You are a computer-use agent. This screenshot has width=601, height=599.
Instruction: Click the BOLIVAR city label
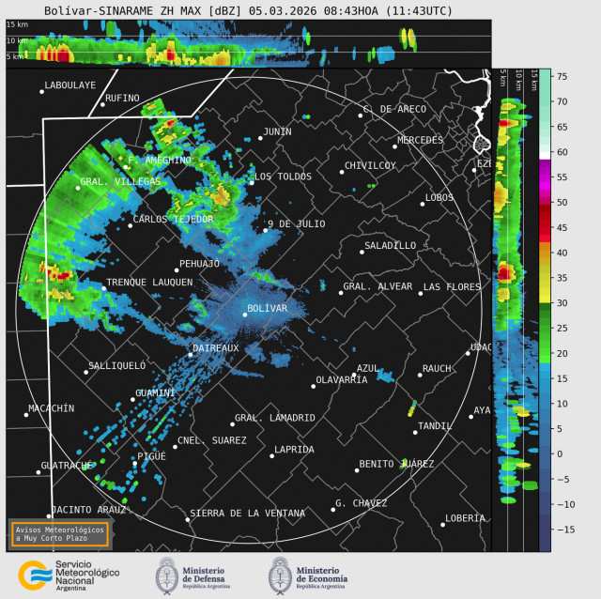click(x=267, y=308)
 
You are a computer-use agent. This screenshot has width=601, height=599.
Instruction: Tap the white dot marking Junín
click(x=260, y=138)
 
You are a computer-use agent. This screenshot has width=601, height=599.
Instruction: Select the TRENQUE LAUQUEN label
click(x=149, y=282)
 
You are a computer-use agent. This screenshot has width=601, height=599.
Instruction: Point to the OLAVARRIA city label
click(x=342, y=379)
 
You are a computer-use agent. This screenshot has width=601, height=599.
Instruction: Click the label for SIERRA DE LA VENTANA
click(x=247, y=513)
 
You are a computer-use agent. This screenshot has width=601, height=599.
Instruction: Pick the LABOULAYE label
click(x=69, y=84)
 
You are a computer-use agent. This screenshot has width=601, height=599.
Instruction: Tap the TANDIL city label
click(x=435, y=425)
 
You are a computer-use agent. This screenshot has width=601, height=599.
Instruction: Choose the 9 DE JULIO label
click(x=296, y=223)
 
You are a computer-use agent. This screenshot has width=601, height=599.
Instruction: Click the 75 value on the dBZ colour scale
click(x=560, y=76)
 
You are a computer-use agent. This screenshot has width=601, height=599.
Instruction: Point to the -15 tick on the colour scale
click(x=560, y=530)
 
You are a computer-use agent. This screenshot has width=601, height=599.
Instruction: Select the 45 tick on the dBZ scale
click(x=560, y=227)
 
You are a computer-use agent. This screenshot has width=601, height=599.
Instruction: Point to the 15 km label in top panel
click(x=17, y=38)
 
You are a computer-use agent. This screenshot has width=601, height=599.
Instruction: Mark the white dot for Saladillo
click(x=362, y=252)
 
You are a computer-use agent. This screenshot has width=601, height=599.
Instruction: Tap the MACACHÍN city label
click(x=51, y=407)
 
